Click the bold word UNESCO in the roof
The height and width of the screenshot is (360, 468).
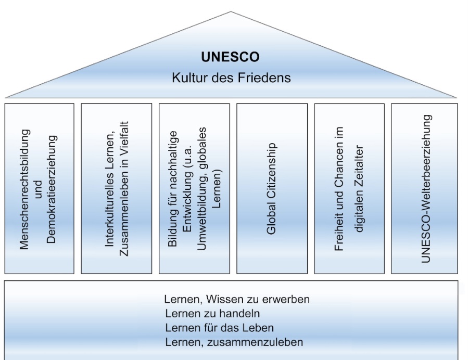(x=230, y=58)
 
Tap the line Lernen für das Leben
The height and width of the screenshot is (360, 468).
(x=219, y=328)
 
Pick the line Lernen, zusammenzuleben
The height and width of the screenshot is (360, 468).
(x=234, y=342)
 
